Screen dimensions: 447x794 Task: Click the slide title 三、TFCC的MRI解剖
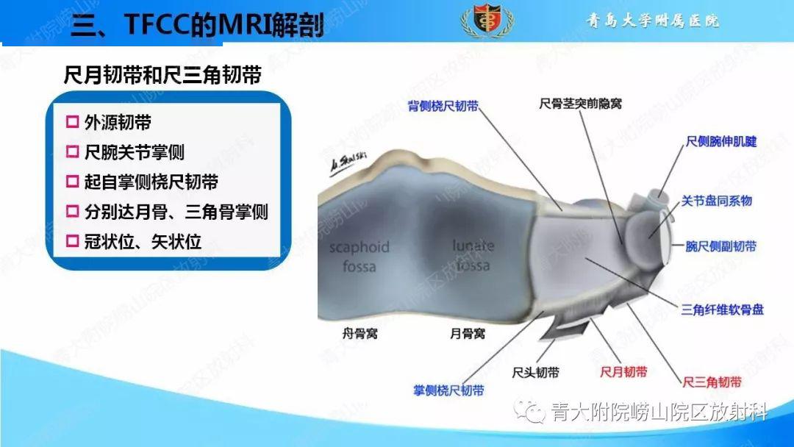coord(196,27)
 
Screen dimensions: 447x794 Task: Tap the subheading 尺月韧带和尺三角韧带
coord(164,75)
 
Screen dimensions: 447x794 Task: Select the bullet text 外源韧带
coord(118,122)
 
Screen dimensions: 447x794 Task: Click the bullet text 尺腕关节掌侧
coord(134,152)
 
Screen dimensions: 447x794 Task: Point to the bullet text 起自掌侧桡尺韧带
coord(151,182)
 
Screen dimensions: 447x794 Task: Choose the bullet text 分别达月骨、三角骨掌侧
coord(176,212)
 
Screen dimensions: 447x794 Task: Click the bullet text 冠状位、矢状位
coord(143,242)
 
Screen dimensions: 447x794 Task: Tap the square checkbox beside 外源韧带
coord(72,122)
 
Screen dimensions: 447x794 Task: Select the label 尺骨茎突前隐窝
coord(580,104)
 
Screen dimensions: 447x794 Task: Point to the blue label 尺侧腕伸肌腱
coord(721,141)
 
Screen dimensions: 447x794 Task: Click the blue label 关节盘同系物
coord(716,201)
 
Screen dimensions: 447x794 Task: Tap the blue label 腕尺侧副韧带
coord(720,247)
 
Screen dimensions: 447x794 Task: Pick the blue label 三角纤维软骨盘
coord(723,310)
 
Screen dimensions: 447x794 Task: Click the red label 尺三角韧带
coord(712,382)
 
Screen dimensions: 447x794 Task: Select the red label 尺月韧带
coord(623,372)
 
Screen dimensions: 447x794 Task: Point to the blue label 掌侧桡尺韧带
coord(448,390)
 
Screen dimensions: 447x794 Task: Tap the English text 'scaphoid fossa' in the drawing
coord(359,255)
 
